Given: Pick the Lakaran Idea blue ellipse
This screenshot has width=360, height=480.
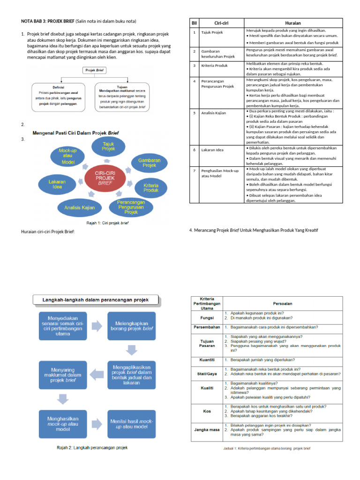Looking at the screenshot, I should [x=57, y=183].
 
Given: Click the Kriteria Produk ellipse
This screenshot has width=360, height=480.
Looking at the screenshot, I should [x=150, y=188].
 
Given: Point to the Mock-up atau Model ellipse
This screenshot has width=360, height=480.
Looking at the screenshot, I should [x=67, y=156].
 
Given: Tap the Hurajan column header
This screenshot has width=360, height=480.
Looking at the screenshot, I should [x=293, y=22].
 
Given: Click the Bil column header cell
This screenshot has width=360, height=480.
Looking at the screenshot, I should [x=194, y=22].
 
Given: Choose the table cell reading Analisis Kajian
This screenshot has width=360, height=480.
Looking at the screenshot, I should [x=214, y=113].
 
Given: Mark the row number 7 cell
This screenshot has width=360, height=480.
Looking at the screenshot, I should [x=194, y=171].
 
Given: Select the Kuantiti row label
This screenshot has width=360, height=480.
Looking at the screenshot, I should [x=207, y=360].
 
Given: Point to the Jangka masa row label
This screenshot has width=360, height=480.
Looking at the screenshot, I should [x=207, y=428].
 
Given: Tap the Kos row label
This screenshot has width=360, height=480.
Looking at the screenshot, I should [x=207, y=411].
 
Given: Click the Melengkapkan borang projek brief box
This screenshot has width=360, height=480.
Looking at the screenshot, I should [x=132, y=325].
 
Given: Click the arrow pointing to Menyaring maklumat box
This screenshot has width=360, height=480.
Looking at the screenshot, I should [x=97, y=374].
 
